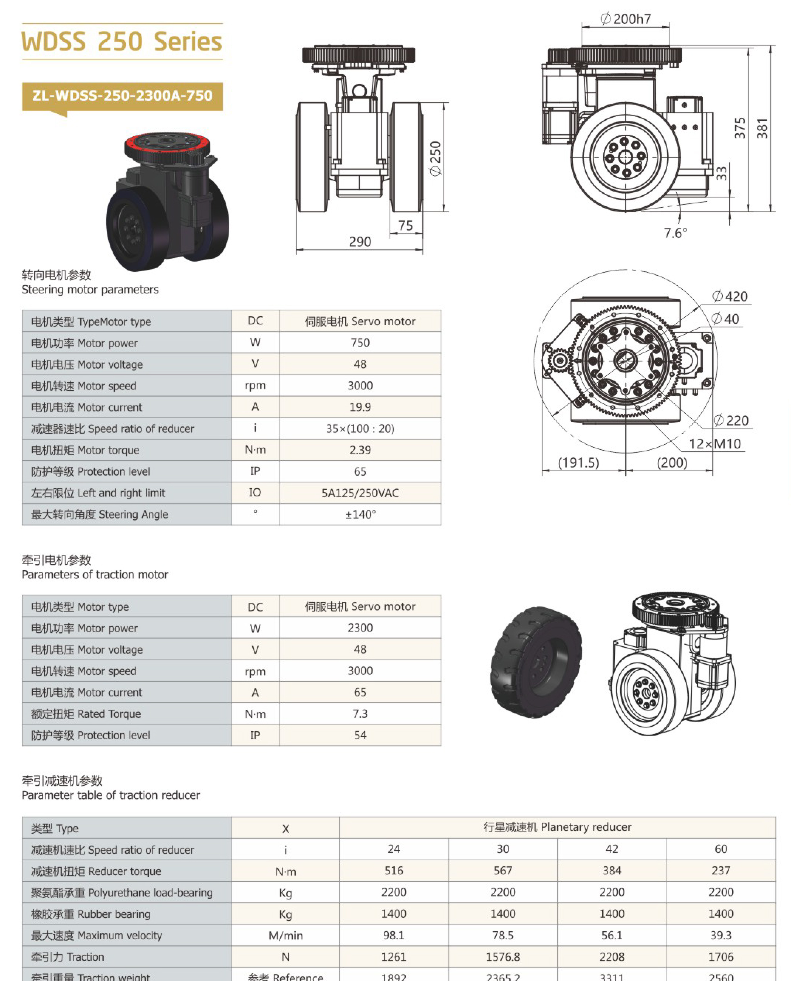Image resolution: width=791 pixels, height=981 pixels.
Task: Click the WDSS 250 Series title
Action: click(121, 41)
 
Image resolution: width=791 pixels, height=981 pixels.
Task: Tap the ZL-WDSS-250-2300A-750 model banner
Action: click(122, 96)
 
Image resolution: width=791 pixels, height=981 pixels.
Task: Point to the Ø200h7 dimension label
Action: click(626, 19)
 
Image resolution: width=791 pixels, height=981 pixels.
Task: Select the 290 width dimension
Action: click(360, 242)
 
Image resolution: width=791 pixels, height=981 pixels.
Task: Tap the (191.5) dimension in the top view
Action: click(578, 463)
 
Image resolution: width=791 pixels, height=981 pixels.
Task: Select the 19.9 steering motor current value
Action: click(360, 407)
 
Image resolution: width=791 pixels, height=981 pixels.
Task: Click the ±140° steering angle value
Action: click(360, 514)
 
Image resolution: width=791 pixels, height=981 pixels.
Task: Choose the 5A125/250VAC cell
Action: click(360, 493)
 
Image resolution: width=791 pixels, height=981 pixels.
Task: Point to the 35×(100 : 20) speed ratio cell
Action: click(360, 428)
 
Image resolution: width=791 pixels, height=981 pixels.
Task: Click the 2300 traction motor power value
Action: click(360, 628)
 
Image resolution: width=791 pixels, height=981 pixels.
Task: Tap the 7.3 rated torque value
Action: click(360, 714)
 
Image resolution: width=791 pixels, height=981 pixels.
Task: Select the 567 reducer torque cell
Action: click(503, 871)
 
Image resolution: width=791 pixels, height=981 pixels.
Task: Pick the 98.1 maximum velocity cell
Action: click(394, 936)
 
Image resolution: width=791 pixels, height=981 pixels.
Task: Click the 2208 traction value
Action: click(612, 957)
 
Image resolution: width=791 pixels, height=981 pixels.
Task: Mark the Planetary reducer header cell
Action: click(557, 827)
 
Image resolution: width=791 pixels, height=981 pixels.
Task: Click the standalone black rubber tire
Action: click(536, 662)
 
